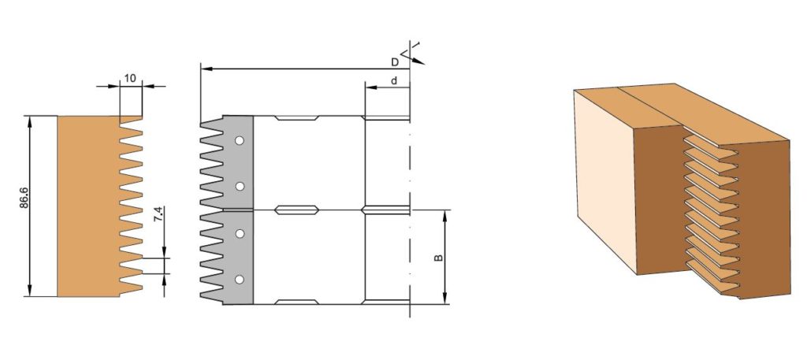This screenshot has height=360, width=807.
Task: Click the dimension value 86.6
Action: pos(24,198)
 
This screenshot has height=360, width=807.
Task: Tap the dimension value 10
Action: pos(130,78)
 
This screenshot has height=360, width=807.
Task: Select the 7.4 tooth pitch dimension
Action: pos(158,214)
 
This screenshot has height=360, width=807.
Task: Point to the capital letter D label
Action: pos(395,62)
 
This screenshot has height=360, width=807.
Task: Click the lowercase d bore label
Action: pos(393,80)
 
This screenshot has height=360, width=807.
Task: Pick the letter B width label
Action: pos(438,257)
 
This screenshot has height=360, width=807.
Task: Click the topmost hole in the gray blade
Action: pos(240,140)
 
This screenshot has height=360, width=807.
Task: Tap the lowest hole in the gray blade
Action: pos(240,280)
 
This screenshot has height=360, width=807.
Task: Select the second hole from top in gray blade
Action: pos(240,187)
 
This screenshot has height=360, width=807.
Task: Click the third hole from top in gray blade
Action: pos(240,233)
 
